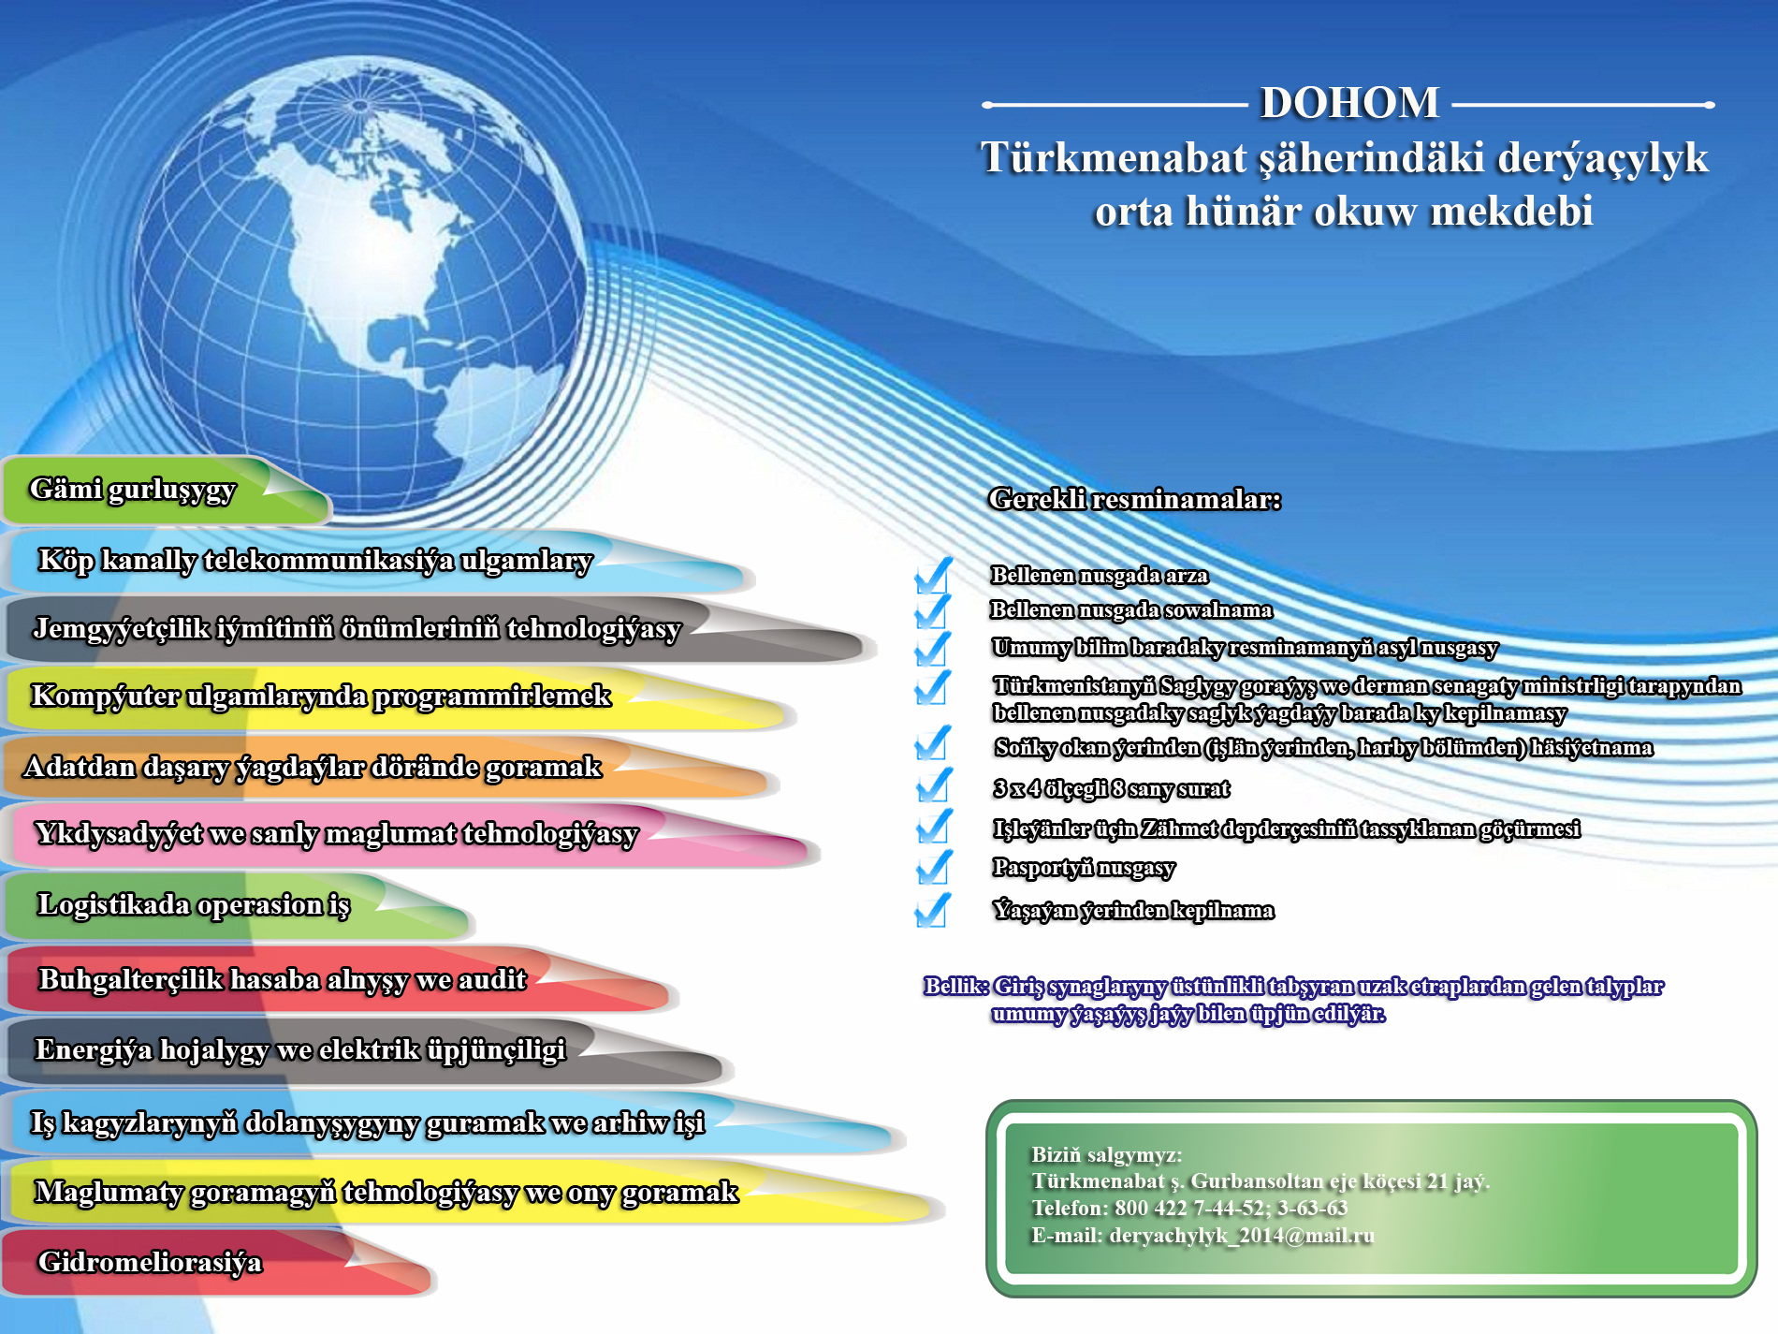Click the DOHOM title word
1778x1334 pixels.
point(1349,103)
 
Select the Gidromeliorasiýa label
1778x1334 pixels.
point(150,1262)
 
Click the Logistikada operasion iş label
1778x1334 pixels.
point(194,905)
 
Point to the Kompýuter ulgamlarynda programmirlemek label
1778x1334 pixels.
point(321,696)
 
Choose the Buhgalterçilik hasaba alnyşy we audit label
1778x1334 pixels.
point(283,979)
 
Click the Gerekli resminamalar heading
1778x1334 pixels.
point(1134,499)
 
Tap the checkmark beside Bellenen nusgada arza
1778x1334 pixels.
point(933,575)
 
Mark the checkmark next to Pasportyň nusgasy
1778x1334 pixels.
point(934,867)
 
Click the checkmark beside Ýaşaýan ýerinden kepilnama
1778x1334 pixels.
point(933,910)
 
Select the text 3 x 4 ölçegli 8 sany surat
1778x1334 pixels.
point(1111,789)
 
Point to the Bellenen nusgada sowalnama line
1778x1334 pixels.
point(1131,610)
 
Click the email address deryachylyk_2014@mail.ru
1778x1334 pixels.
point(1242,1236)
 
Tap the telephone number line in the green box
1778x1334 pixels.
point(1189,1209)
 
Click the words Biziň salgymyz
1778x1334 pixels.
point(1106,1155)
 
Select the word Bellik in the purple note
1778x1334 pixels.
point(955,986)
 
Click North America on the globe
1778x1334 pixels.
point(356,253)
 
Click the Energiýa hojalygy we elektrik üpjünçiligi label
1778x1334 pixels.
point(300,1050)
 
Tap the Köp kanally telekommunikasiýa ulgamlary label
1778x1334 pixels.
point(315,561)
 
